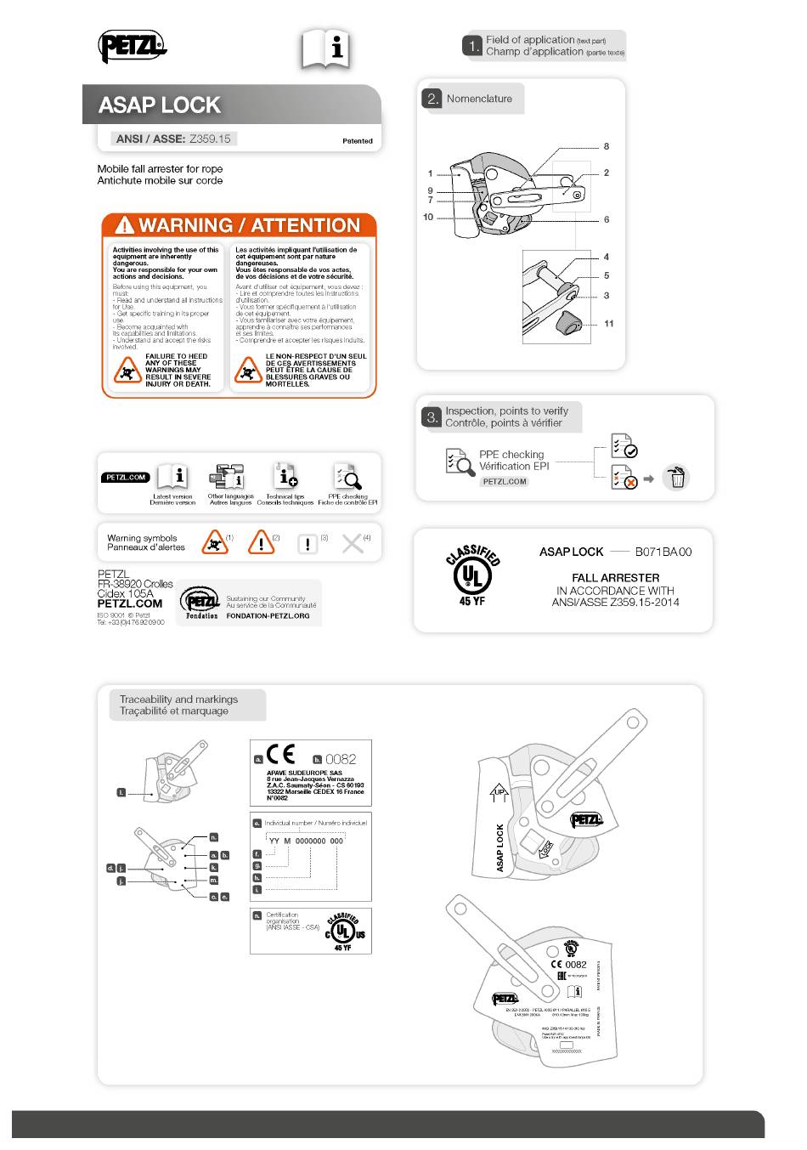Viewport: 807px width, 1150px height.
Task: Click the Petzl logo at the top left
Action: coord(132,46)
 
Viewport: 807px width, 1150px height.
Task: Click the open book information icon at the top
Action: coord(325,49)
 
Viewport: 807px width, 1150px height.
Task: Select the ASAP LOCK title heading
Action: coord(160,105)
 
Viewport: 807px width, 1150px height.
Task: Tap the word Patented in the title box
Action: coord(357,141)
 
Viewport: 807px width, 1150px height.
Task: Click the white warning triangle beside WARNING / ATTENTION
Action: coord(125,225)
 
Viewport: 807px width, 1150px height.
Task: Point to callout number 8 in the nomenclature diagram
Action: coord(606,146)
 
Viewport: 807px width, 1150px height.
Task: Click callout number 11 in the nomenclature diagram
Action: coord(608,324)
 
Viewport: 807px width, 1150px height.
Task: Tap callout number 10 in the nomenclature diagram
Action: coord(428,217)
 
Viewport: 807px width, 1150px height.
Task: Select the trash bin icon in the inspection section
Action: coord(676,478)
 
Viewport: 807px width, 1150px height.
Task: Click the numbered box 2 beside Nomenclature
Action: coord(432,99)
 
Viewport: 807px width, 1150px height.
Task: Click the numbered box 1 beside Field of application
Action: coord(472,46)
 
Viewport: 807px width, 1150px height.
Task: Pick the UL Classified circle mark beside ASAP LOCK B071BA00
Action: coord(472,575)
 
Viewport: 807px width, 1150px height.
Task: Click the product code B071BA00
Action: coord(663,552)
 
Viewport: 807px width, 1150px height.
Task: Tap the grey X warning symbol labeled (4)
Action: coord(352,544)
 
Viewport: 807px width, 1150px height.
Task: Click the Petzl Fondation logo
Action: coord(201,603)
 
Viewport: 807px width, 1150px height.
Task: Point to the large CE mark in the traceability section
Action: coord(280,755)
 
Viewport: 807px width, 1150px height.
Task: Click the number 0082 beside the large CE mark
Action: coord(341,759)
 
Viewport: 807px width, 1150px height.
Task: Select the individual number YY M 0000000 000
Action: coord(306,841)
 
